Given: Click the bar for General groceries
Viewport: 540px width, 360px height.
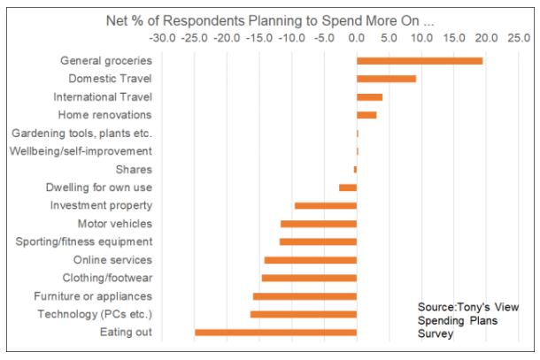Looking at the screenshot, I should (x=420, y=61).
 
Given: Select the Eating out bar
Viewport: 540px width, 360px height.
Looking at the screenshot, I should (x=276, y=333).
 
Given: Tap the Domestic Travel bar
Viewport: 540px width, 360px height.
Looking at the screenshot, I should (x=386, y=79).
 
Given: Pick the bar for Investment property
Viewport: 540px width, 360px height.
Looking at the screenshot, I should (x=326, y=206).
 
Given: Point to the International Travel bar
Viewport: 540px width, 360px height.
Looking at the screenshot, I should (x=369, y=97).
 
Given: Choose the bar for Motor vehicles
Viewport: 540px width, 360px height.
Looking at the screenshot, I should (x=319, y=224).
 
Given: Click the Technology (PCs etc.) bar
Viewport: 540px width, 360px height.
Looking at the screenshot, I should (x=304, y=314).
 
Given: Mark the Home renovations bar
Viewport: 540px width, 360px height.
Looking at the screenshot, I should (x=366, y=115).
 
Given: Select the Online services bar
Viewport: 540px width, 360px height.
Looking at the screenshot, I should (x=311, y=260).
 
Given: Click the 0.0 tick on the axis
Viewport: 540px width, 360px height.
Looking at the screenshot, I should (x=357, y=38).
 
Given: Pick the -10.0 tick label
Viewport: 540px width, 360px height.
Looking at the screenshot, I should (x=291, y=38).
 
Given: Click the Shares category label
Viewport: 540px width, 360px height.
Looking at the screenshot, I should (x=134, y=170).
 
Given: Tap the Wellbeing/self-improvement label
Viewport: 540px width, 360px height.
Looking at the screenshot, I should (x=81, y=151).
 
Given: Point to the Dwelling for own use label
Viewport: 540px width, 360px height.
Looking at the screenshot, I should (x=98, y=188).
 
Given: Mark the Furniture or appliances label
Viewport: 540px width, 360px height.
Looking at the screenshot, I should (x=93, y=296).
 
